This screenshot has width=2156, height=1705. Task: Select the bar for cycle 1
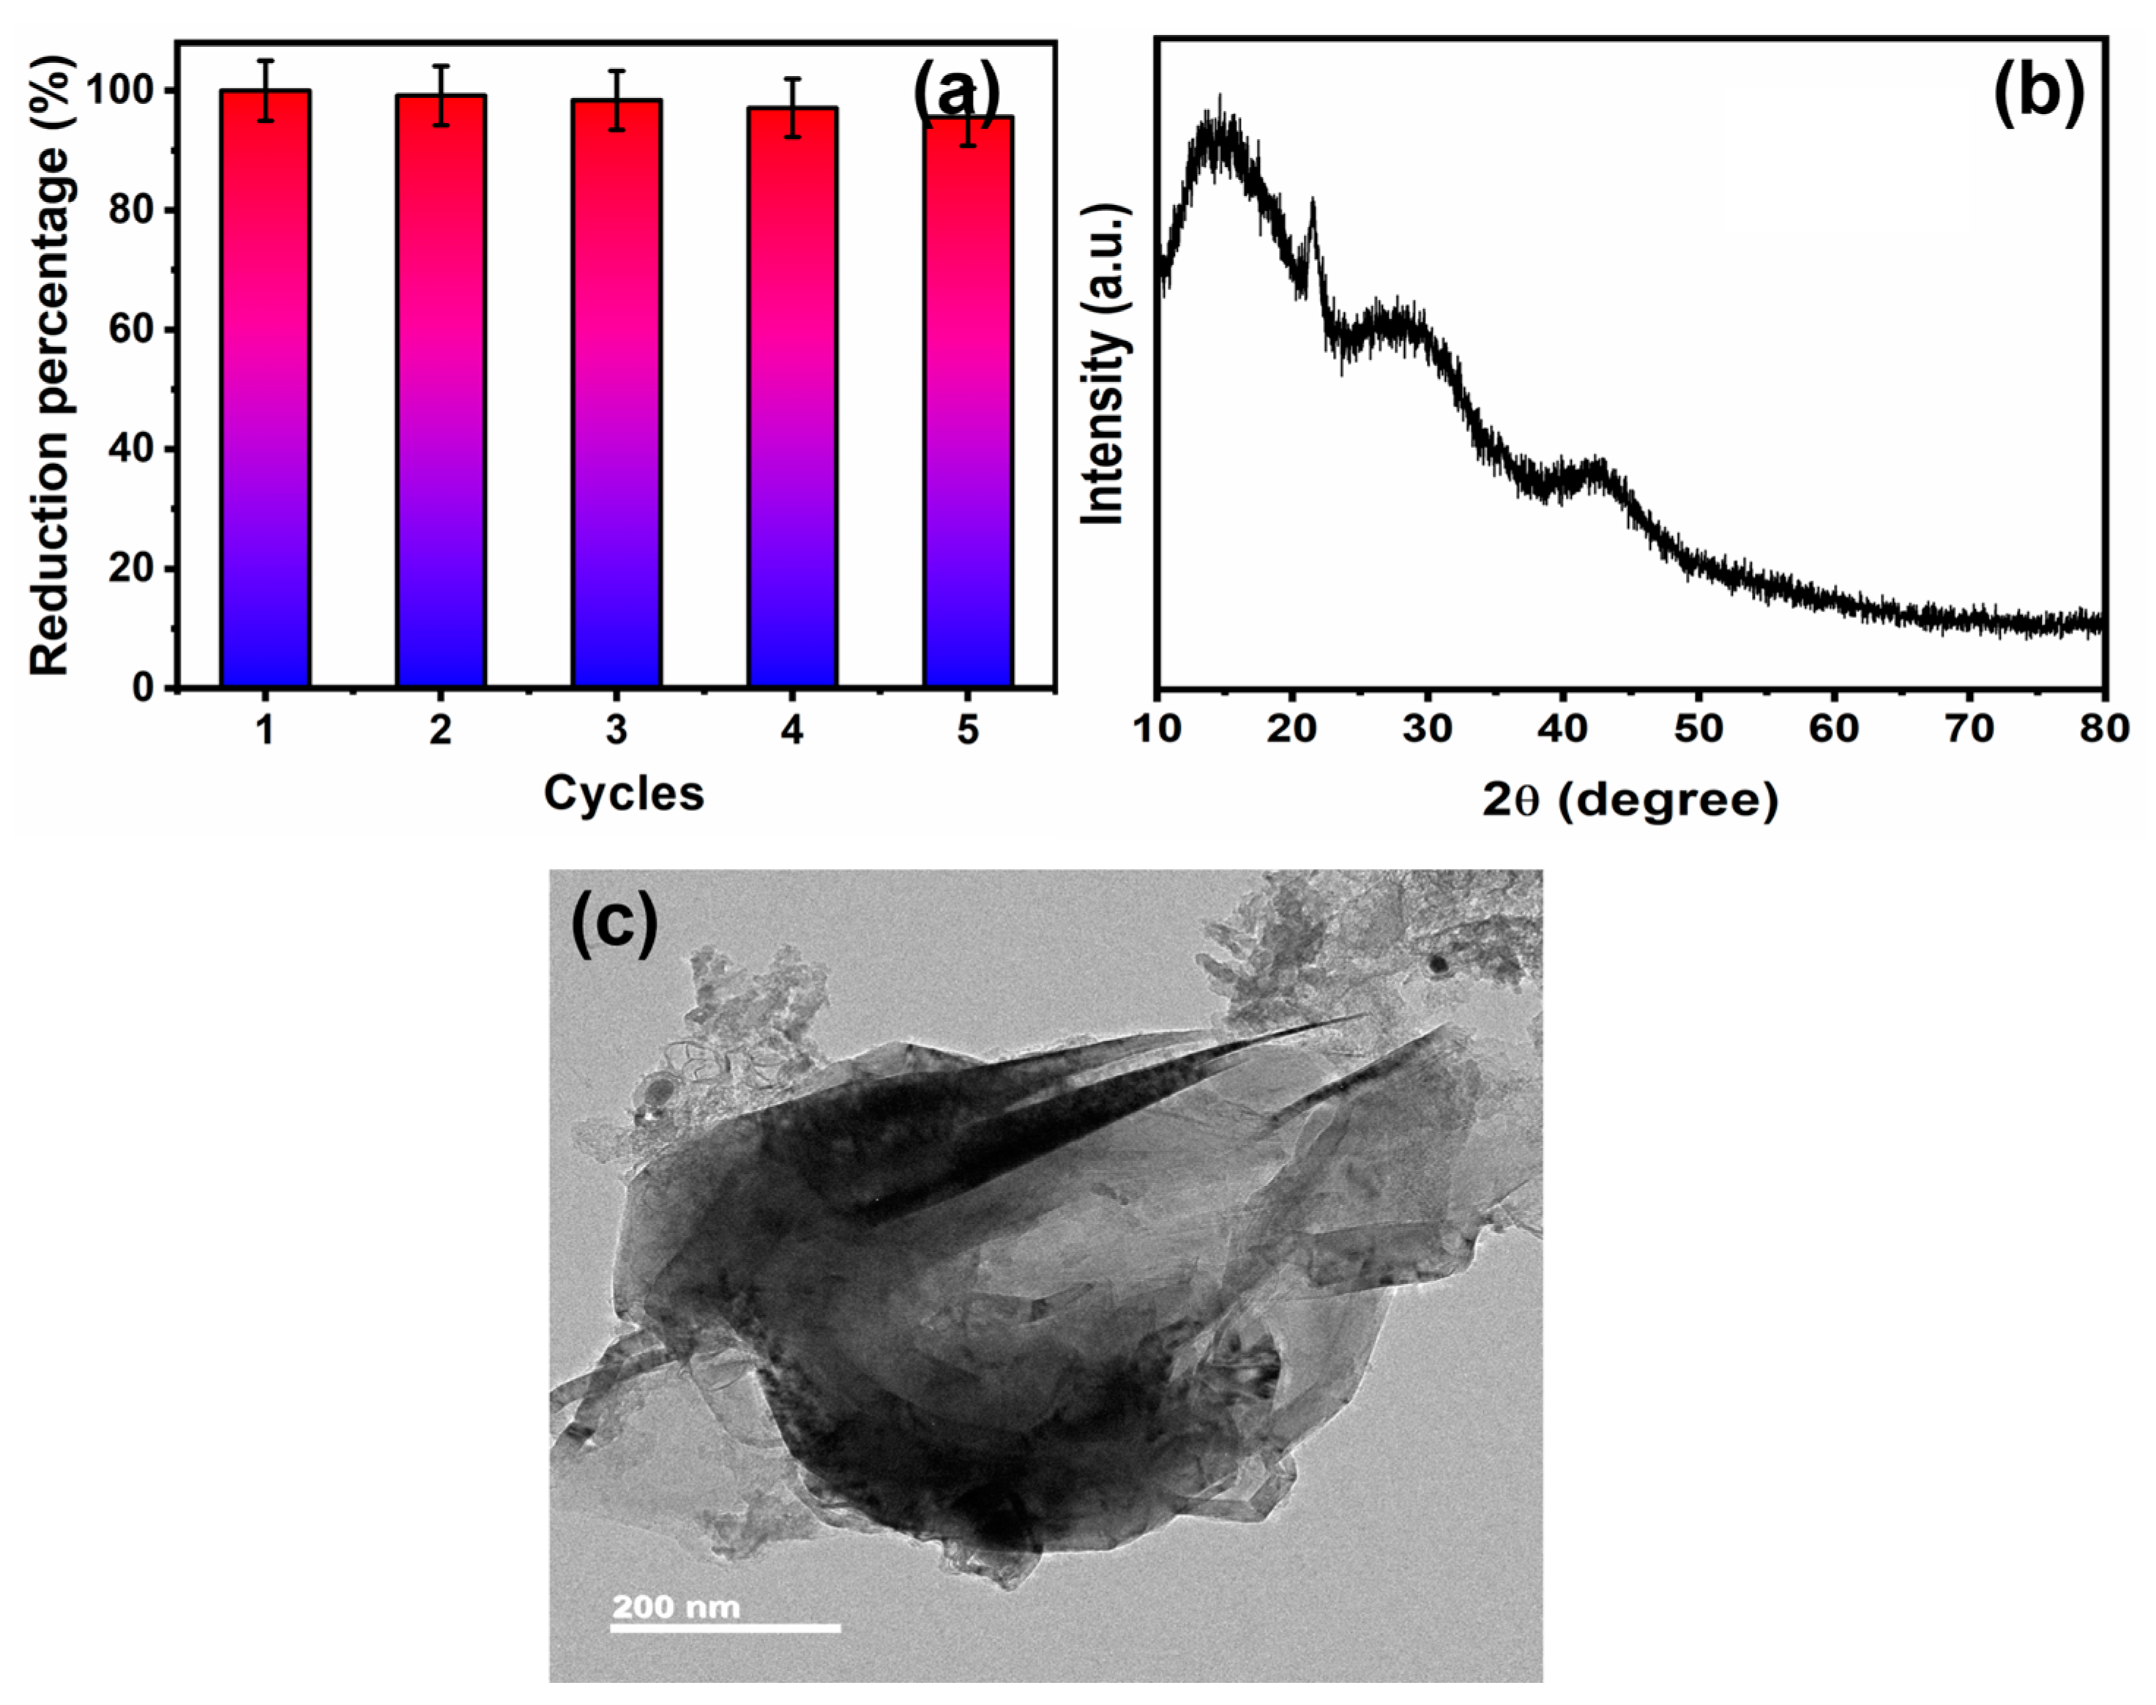(x=264, y=389)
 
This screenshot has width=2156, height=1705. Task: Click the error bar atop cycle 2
(x=440, y=95)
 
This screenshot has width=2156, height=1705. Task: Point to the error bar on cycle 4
(x=791, y=107)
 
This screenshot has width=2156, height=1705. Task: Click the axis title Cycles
(x=623, y=794)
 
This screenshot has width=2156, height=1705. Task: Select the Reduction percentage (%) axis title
(x=49, y=365)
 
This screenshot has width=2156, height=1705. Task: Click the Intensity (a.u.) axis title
(x=1107, y=365)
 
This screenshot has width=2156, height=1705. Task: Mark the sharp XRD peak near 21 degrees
(x=1313, y=205)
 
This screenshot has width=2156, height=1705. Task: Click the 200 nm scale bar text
(x=676, y=1606)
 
